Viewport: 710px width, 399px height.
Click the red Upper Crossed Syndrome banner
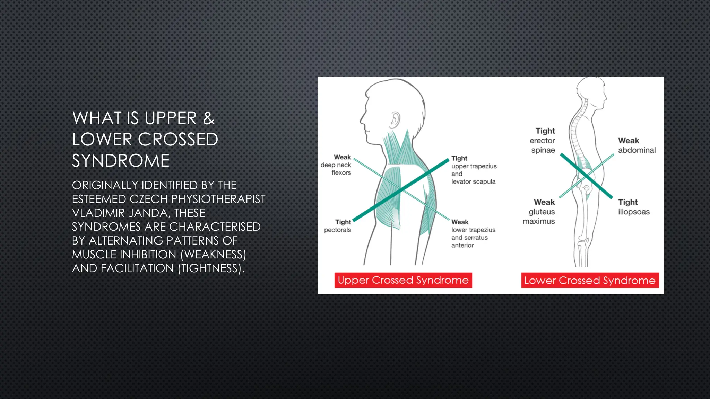point(403,280)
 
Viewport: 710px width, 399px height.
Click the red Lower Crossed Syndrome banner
point(590,280)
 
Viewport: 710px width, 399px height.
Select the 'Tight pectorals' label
point(338,226)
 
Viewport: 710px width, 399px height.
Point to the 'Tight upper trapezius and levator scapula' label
point(474,170)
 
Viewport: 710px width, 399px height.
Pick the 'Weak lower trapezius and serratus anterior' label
point(473,234)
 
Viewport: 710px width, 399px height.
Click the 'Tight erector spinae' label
point(543,141)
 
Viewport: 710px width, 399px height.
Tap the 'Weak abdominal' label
point(637,145)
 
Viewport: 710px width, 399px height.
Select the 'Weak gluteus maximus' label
point(539,212)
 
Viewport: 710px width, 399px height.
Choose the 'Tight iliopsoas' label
point(634,207)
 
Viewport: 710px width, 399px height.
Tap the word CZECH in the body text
point(148,199)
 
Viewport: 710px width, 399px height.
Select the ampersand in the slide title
point(209,118)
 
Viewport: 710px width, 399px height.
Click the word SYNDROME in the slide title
point(121,161)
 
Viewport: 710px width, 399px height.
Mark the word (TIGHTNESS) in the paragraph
point(211,268)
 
